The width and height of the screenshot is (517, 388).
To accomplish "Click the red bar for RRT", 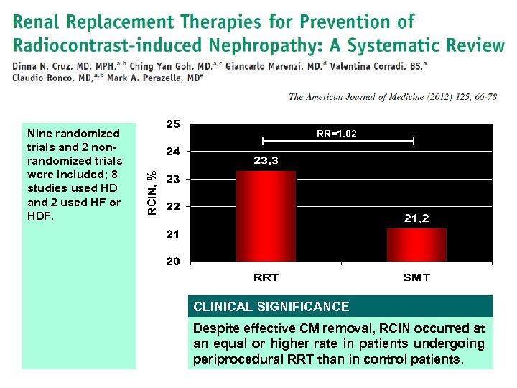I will click(266, 216).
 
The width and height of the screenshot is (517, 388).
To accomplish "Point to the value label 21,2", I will click(416, 218).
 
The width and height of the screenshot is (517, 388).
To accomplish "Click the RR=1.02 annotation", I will click(337, 134).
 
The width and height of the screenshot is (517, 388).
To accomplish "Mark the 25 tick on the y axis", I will click(173, 124).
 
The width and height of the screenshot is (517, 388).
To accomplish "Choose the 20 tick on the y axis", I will click(173, 262).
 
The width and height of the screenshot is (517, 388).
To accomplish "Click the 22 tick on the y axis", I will click(173, 207).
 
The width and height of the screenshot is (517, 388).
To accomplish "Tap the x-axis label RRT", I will click(266, 277).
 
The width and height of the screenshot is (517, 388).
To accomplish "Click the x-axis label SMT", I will click(416, 277).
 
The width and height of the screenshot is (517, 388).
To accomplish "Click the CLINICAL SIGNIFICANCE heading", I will click(271, 307).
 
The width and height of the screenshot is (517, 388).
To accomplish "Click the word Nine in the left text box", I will click(38, 134).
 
